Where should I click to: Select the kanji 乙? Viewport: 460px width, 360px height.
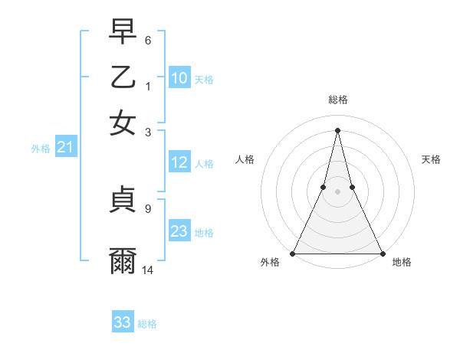[123, 77]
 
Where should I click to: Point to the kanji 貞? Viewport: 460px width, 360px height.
[123, 200]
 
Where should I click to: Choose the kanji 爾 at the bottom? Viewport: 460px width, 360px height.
[123, 261]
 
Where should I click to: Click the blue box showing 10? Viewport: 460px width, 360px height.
[179, 78]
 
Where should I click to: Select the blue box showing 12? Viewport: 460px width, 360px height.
[179, 162]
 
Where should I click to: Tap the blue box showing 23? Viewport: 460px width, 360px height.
[179, 231]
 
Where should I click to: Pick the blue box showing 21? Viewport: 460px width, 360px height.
[64, 148]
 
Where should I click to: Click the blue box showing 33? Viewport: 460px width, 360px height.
[123, 322]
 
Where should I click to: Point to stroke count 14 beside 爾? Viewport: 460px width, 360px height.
[148, 270]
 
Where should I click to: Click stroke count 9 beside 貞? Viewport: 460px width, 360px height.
[148, 207]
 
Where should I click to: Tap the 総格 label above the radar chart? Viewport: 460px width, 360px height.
[337, 100]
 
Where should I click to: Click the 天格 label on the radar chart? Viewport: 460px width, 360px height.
[431, 159]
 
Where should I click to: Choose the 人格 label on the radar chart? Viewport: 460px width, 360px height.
[245, 159]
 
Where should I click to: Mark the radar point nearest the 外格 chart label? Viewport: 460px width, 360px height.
[293, 254]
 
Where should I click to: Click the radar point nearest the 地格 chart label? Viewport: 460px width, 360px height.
[382, 254]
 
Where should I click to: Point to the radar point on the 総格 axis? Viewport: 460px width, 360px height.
[337, 129]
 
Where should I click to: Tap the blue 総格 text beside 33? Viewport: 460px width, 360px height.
[147, 324]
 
